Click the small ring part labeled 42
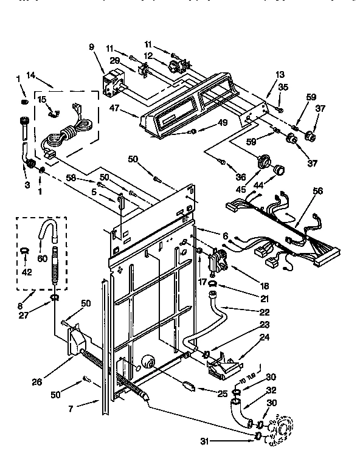pos(24,250)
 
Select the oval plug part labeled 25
pos(189,385)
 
